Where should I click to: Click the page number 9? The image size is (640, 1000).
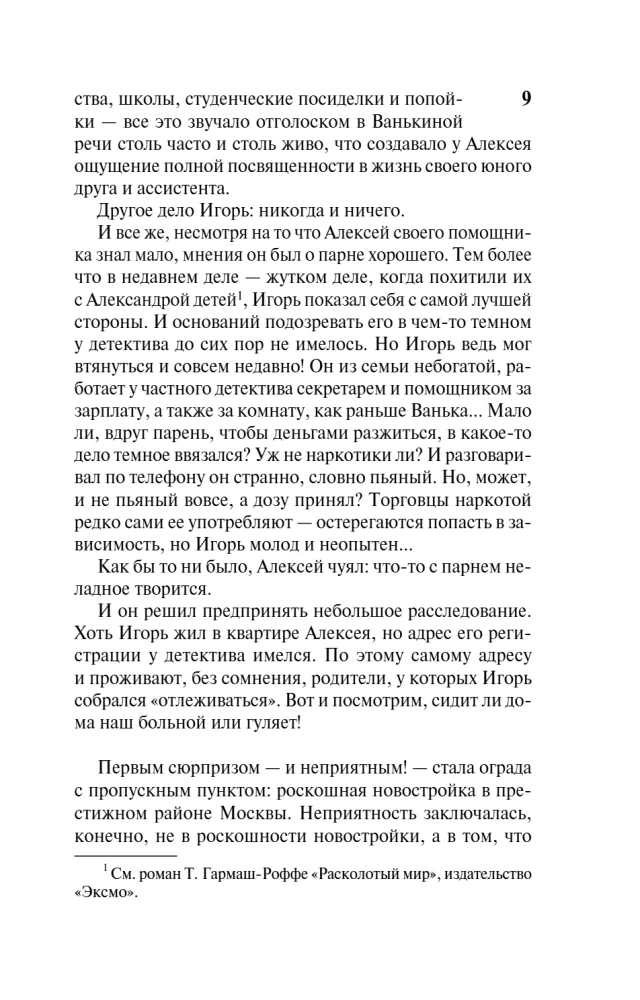(527, 98)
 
